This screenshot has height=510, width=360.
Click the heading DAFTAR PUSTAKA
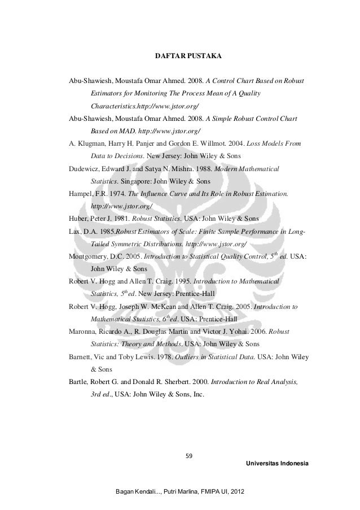tap(188, 57)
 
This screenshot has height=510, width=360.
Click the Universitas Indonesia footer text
tap(278, 463)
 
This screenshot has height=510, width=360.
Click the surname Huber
tap(78, 219)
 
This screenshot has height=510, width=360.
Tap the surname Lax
tap(74, 231)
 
